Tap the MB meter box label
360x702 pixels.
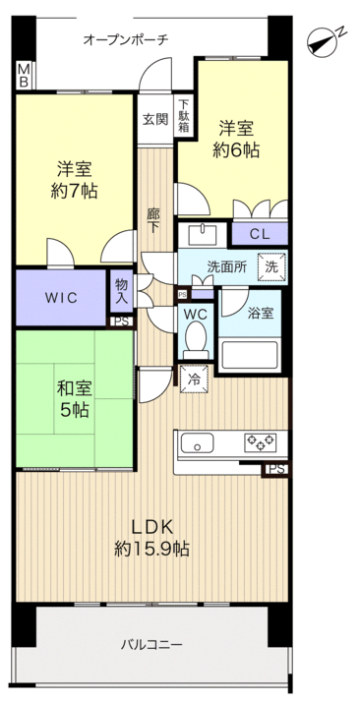pyautogui.click(x=24, y=75)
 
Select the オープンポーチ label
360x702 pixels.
pyautogui.click(x=126, y=40)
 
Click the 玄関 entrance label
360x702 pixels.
pyautogui.click(x=155, y=119)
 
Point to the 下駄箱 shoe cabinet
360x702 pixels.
pyautogui.click(x=185, y=115)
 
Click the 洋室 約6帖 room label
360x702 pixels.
pyautogui.click(x=236, y=140)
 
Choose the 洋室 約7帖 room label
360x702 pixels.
pyautogui.click(x=75, y=180)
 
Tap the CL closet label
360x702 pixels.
pyautogui.click(x=260, y=235)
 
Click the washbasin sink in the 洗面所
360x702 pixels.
pyautogui.click(x=203, y=235)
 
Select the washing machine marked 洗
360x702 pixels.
pyautogui.click(x=271, y=267)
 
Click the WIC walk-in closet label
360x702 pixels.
pyautogui.click(x=60, y=298)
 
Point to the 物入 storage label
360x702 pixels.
pyautogui.click(x=122, y=291)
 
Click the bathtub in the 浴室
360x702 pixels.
pyautogui.click(x=249, y=355)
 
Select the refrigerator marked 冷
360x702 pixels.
pyautogui.click(x=195, y=379)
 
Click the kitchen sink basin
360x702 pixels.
pyautogui.click(x=197, y=443)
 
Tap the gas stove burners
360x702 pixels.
pyautogui.click(x=260, y=442)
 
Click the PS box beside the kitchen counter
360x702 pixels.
pyautogui.click(x=274, y=469)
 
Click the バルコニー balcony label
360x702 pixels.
pyautogui.click(x=151, y=645)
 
